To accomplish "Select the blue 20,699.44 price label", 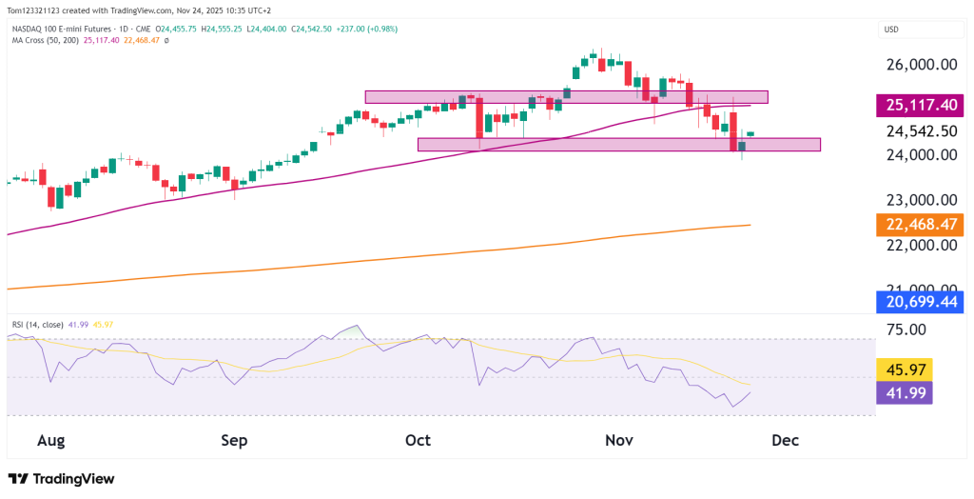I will [921, 302].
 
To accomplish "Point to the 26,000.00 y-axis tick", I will [921, 65].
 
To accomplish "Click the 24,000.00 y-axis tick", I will [921, 154].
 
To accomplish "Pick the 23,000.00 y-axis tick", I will [921, 200].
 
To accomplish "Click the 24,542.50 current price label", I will [921, 131].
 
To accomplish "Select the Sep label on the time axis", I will [234, 441].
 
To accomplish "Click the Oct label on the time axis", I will [418, 441].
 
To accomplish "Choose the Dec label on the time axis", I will [786, 441].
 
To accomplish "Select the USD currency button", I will [892, 30].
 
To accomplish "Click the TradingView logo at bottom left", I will [61, 479].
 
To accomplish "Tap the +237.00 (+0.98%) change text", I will [360, 30].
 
